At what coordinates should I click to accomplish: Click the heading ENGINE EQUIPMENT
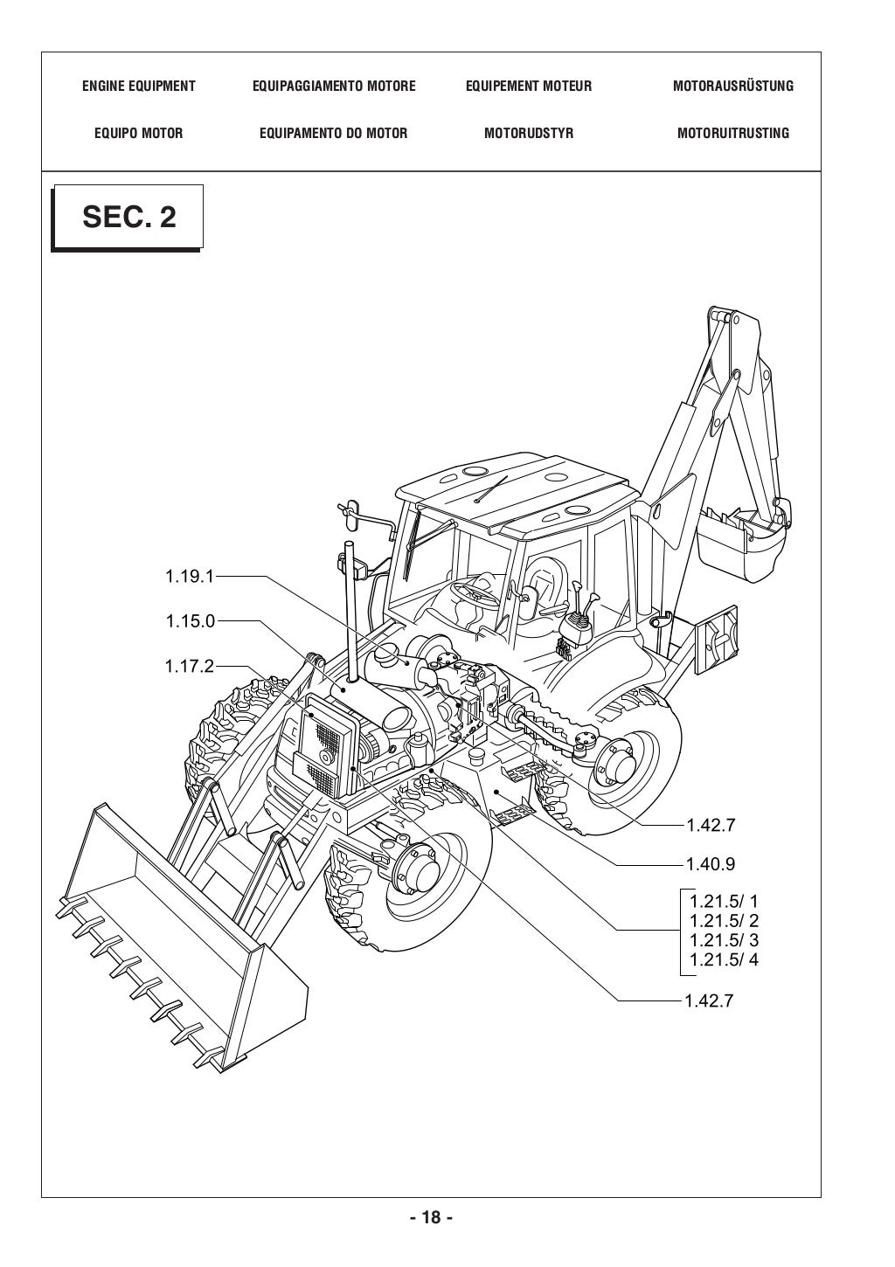click(x=138, y=86)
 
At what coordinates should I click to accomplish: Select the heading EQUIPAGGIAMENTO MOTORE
click(x=333, y=86)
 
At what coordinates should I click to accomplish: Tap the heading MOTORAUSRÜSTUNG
click(x=732, y=86)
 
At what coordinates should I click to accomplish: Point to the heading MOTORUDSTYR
click(x=528, y=133)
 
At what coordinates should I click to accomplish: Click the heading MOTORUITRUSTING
click(x=732, y=133)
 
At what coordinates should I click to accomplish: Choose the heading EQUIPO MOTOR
click(x=138, y=133)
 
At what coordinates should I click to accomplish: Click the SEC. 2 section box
click(x=128, y=217)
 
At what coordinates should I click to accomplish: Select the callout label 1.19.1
click(x=189, y=576)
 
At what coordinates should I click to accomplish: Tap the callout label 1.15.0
click(x=189, y=621)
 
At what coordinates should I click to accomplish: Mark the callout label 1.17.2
click(x=189, y=667)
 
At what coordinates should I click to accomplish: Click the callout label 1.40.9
click(x=710, y=864)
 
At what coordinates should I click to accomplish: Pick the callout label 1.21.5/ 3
click(x=724, y=940)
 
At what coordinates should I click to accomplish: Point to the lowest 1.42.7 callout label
click(x=710, y=1000)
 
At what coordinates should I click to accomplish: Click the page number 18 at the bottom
click(x=431, y=1217)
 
